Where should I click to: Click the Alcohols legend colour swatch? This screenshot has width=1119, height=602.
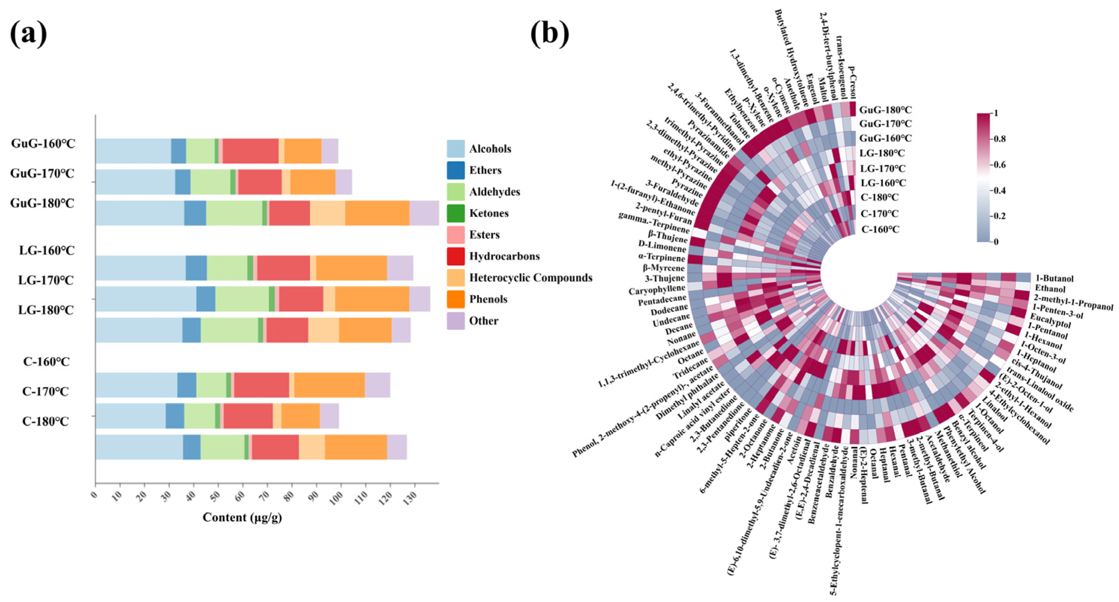point(455,149)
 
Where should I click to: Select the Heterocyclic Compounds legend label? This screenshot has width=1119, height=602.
point(530,278)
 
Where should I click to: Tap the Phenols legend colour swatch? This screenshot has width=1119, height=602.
point(455,299)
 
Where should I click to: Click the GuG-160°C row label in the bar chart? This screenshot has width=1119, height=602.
point(43,143)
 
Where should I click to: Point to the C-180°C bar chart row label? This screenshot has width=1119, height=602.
point(46,421)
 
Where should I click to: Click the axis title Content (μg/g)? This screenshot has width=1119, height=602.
point(242,517)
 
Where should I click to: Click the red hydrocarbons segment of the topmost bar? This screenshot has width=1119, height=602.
point(251,151)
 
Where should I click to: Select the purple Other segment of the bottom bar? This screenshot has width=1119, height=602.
point(396,447)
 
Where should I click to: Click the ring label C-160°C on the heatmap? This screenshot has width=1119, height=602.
point(880,229)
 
